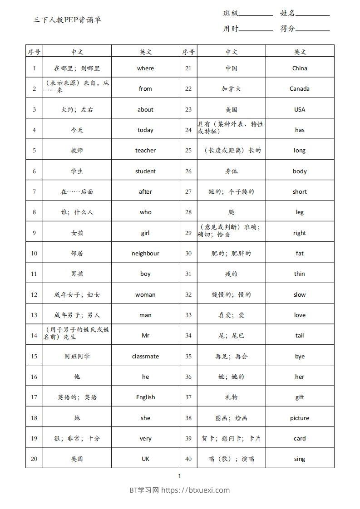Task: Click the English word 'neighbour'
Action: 145,254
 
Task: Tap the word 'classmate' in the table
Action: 145,357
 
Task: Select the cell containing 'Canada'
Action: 300,89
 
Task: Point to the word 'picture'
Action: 300,418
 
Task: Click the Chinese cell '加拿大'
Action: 232,89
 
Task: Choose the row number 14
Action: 34,336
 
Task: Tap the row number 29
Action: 188,233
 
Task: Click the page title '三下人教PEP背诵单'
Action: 67,20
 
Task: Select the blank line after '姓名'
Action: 312,14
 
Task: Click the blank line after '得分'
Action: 312,29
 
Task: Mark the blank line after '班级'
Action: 256,14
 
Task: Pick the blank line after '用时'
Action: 256,29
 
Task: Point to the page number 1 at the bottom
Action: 180,476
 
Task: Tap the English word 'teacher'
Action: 145,151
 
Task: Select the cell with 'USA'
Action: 300,110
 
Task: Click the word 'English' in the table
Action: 145,397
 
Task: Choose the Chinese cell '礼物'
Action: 232,397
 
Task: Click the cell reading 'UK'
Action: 145,459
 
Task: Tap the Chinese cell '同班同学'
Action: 77,357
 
